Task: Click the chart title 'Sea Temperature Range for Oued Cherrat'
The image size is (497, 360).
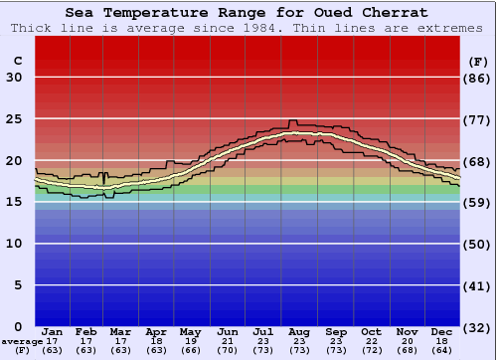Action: click(248, 13)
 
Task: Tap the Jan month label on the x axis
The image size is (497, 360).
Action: click(53, 331)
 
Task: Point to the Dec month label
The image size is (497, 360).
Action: click(443, 331)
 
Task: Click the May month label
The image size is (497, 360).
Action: click(189, 331)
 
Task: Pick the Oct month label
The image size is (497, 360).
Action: click(372, 331)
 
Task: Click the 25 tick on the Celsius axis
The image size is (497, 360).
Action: click(14, 118)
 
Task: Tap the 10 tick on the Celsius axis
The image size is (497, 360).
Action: click(14, 243)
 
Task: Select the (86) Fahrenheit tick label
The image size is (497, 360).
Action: click(478, 78)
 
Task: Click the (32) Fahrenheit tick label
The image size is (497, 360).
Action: click(478, 326)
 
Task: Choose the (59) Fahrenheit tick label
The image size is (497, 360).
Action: click(478, 202)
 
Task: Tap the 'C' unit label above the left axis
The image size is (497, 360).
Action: click(17, 61)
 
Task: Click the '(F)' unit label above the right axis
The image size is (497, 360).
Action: click(478, 61)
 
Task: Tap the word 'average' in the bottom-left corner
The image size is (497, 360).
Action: click(23, 341)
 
